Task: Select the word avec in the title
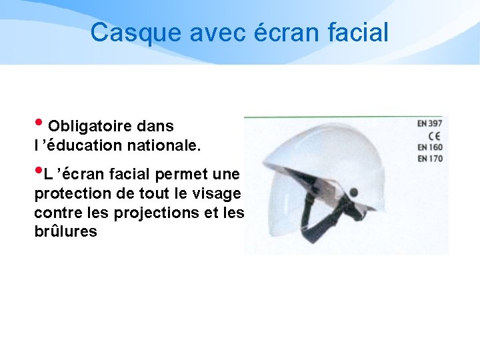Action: pyautogui.click(x=215, y=33)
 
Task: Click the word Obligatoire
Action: pyautogui.click(x=89, y=126)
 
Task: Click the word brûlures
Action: pyautogui.click(x=65, y=232)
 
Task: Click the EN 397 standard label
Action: pyautogui.click(x=430, y=124)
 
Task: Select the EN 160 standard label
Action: pyautogui.click(x=430, y=147)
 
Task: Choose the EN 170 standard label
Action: pyautogui.click(x=430, y=158)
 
